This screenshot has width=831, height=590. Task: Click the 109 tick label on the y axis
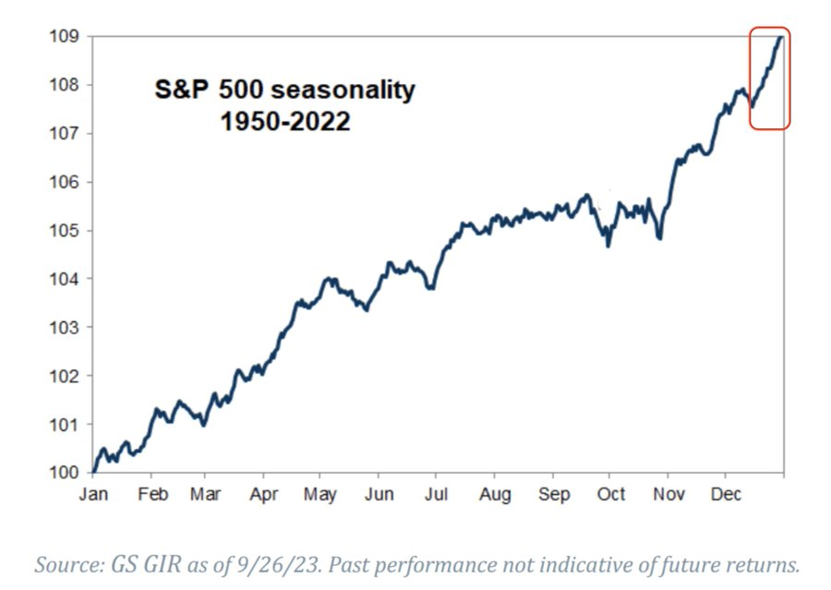point(64,37)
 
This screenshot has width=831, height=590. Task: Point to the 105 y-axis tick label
point(64,231)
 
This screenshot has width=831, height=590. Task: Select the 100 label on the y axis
point(64,473)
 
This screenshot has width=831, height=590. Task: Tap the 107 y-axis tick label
point(64,133)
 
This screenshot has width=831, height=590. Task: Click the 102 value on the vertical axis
point(64,376)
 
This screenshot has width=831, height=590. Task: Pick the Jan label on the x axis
point(93,494)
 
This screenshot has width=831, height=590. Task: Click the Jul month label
point(436,494)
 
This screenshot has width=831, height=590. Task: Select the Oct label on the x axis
point(611,494)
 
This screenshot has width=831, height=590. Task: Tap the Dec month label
point(726,494)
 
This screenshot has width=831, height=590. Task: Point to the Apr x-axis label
point(264,495)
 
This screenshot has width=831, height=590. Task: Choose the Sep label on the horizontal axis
point(554,495)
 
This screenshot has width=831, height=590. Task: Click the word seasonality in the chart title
point(343,90)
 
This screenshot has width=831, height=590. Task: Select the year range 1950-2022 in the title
point(285,121)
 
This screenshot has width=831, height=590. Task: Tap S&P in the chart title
point(181,89)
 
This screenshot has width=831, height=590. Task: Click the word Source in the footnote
point(69,564)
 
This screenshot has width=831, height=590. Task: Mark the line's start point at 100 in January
point(94,472)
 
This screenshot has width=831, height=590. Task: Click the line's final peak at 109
point(781,37)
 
